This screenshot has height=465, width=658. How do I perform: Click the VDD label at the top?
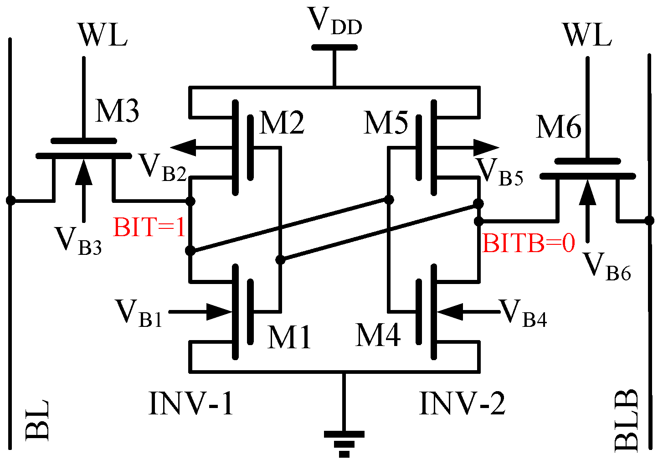[x=335, y=22]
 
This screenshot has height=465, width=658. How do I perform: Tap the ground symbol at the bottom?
[x=344, y=442]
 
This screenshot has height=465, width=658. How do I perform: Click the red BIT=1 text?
[x=149, y=227]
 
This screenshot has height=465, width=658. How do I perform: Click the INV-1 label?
[x=191, y=404]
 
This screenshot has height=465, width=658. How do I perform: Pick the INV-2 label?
[x=462, y=404]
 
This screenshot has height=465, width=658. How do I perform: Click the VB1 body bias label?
[x=139, y=313]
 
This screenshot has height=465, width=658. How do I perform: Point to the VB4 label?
[x=523, y=313]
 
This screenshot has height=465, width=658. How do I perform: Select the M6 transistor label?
[x=559, y=127]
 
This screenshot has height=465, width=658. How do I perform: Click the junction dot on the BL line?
[x=10, y=200]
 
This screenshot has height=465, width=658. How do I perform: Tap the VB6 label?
[x=607, y=266]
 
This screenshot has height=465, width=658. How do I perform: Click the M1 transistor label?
[x=289, y=337]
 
